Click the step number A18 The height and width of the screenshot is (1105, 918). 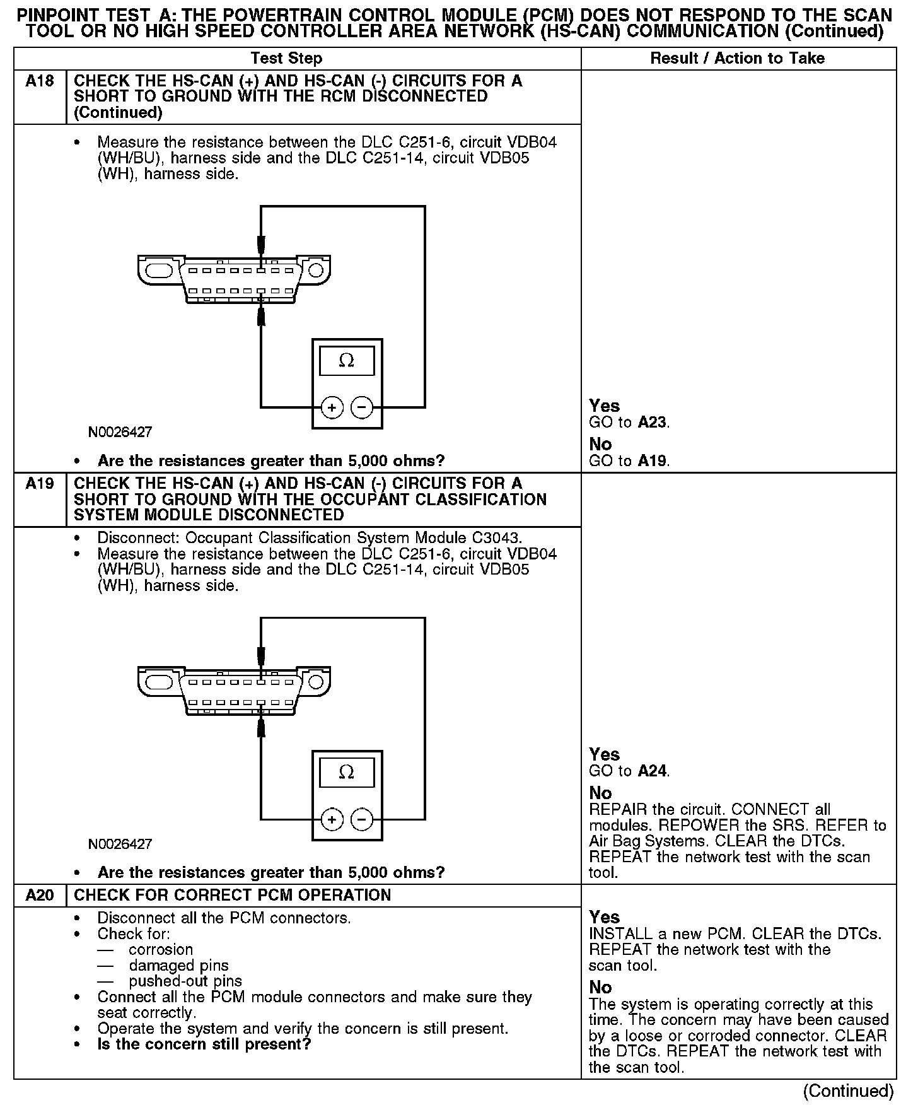tap(40, 81)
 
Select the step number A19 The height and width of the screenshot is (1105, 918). tap(40, 484)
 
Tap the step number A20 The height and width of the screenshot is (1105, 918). tap(40, 896)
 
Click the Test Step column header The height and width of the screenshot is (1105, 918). tap(286, 59)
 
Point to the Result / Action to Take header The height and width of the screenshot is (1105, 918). tap(737, 59)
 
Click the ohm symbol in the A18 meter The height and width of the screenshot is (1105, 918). tap(346, 361)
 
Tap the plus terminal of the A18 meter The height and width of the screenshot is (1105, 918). tap(332, 408)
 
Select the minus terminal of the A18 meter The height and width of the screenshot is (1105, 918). tap(361, 408)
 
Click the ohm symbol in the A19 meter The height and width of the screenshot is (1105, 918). tap(346, 772)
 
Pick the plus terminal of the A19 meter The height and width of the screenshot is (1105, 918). tap(332, 820)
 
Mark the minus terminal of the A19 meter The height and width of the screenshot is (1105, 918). tap(361, 820)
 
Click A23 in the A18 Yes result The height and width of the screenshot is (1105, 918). tap(652, 423)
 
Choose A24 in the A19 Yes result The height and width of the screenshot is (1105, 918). tap(652, 771)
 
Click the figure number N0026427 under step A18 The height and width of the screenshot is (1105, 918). tap(120, 433)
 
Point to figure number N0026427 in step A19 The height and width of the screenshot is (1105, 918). tap(120, 844)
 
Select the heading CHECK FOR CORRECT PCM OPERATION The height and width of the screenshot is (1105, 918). tap(233, 896)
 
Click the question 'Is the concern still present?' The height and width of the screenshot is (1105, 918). tap(204, 1044)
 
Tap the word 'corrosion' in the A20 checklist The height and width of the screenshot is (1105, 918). tap(161, 950)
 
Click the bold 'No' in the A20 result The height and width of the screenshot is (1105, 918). tap(600, 988)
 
